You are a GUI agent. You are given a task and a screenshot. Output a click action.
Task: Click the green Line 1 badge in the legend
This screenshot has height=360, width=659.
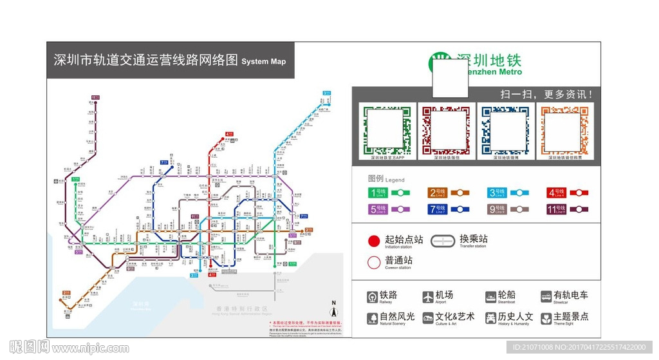pos(378,192)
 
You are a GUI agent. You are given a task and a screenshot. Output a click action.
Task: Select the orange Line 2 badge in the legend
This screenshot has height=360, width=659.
pos(438,192)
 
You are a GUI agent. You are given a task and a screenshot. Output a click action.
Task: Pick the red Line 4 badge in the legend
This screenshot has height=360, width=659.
pos(557,192)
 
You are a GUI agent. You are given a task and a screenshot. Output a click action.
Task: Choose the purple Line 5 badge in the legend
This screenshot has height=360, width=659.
pos(378,209)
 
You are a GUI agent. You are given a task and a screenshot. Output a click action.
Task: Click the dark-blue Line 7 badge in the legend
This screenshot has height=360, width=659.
pos(438,209)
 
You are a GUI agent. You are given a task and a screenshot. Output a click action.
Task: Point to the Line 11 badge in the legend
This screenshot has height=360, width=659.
pos(557,209)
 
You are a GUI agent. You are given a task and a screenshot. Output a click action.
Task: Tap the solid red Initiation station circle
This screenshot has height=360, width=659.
pos(374,241)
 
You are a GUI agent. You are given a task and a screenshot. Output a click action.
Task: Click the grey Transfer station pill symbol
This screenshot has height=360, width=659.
pos(443,241)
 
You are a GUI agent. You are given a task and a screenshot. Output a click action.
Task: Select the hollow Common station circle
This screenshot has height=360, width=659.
pos(374,262)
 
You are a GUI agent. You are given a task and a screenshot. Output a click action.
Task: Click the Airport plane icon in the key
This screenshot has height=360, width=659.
pos(428,297)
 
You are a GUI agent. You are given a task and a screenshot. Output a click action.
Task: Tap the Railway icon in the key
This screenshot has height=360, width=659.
pos(373,297)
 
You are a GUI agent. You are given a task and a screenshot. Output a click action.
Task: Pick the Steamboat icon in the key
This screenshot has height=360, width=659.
pos(490,297)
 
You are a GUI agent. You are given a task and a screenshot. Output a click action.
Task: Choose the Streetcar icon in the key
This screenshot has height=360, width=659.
pos(546,297)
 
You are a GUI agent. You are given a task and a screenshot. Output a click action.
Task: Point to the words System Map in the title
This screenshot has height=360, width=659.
pos(263,62)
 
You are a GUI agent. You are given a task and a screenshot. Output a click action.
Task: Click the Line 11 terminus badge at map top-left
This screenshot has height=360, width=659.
pos(95,98)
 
